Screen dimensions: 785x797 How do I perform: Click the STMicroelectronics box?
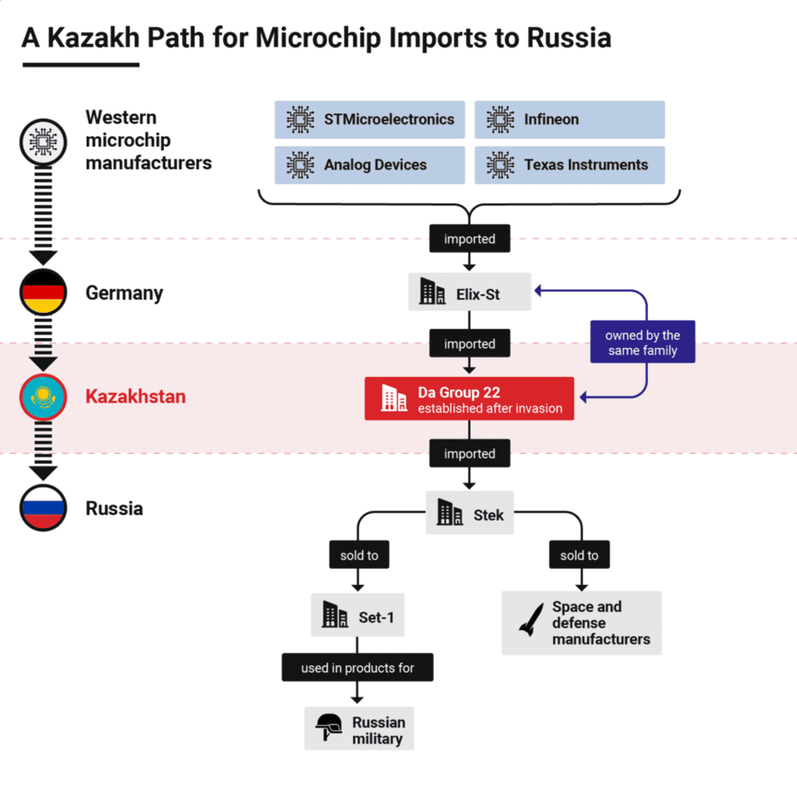click(x=369, y=120)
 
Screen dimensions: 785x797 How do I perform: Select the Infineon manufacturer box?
click(x=569, y=120)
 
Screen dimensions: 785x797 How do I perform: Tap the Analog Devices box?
click(x=369, y=165)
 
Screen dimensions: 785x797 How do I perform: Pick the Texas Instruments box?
click(x=569, y=165)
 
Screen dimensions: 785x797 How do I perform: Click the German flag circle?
click(x=43, y=292)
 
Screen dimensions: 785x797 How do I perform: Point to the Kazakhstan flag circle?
click(x=43, y=397)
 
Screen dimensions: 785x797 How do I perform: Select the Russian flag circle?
click(x=43, y=508)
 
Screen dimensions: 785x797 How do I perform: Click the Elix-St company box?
click(x=469, y=292)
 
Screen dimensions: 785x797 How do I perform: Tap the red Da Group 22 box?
click(x=469, y=399)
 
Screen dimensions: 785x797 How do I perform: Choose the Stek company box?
click(x=470, y=513)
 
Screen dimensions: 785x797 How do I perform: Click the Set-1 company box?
click(x=357, y=616)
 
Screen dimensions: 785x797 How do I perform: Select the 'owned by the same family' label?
click(x=642, y=343)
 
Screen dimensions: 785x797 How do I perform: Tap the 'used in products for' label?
click(x=357, y=668)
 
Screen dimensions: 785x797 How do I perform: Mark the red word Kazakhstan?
click(x=136, y=397)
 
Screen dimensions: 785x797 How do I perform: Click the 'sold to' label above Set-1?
click(x=359, y=555)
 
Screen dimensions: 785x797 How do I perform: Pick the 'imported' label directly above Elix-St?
click(x=469, y=239)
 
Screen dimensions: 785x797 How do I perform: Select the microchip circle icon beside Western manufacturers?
click(x=43, y=142)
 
